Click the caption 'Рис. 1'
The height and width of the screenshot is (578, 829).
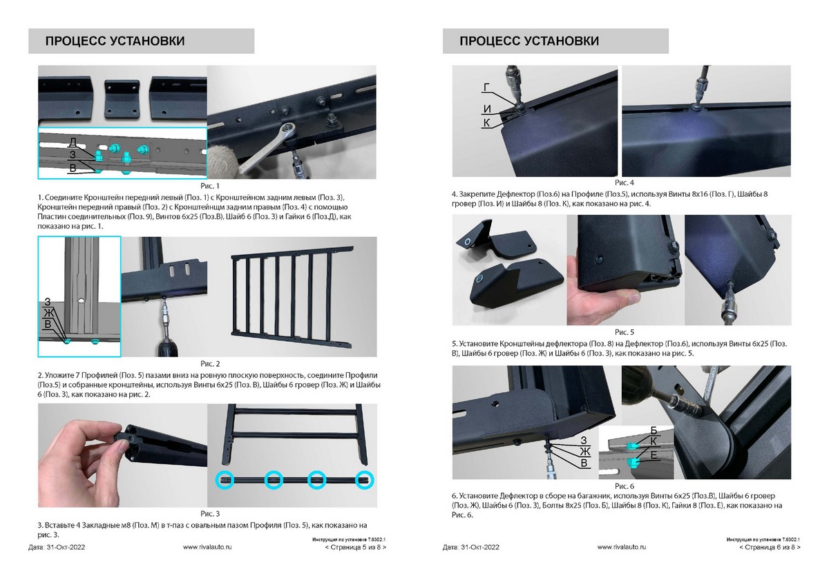[x=210, y=186]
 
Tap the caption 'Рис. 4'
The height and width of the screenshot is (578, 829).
[x=625, y=182]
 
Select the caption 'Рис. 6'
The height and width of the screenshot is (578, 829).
[x=625, y=486]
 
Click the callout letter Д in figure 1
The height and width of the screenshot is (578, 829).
[x=73, y=142]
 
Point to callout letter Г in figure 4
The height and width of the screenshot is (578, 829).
[x=486, y=87]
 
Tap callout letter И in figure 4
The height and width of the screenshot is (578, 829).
[x=487, y=109]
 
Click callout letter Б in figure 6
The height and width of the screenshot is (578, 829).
[x=654, y=430]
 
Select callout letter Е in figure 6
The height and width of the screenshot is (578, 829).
[x=654, y=455]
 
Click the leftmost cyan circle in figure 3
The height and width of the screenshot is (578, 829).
[x=225, y=479]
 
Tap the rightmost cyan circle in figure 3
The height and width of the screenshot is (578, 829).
[x=365, y=479]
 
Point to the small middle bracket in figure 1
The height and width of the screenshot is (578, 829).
[x=122, y=99]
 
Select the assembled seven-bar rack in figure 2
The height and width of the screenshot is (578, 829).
[x=292, y=296]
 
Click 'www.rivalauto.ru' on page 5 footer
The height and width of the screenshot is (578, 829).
[x=207, y=547]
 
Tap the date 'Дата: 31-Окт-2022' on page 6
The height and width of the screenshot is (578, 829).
[x=470, y=547]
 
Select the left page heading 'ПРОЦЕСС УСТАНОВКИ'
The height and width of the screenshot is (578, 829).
[x=115, y=41]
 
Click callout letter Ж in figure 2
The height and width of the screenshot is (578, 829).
[x=49, y=313]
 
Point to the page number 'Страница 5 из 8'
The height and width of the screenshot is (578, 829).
[x=356, y=547]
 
